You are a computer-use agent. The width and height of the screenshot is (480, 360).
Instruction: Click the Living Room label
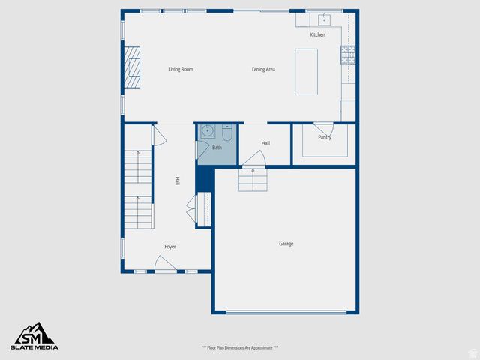coord(181,69)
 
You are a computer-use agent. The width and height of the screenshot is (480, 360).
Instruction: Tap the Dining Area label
coord(263,69)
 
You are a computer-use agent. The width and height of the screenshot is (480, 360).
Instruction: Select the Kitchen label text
coord(318,35)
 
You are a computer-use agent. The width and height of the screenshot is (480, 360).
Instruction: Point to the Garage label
coord(286,244)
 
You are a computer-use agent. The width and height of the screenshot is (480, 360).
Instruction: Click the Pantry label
coord(325,137)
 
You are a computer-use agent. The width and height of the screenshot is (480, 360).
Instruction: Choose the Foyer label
coord(170,247)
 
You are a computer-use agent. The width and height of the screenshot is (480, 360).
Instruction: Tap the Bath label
coord(217,148)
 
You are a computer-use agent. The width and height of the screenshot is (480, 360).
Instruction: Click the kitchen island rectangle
coord(306,71)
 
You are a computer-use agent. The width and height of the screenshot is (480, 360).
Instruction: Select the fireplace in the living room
coord(133,67)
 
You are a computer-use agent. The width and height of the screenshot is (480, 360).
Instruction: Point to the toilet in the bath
coord(226,133)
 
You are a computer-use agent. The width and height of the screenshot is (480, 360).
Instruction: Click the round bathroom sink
coord(207,132)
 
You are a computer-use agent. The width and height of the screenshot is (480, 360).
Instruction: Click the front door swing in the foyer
coord(165,263)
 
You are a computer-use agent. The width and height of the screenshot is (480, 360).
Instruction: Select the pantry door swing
coord(323,127)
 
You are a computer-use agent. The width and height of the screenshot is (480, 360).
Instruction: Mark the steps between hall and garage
coord(253,179)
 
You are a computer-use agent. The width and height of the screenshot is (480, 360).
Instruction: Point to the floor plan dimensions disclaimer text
coord(240,348)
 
